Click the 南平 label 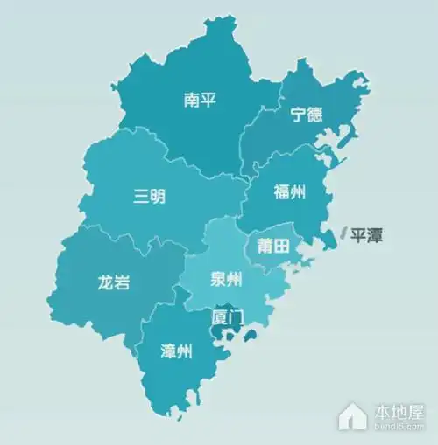(200, 101)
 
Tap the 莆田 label (272, 247)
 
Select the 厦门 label (226, 316)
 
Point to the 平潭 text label (366, 235)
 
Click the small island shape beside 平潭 (343, 233)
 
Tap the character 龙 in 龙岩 (104, 283)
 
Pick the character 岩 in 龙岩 (122, 283)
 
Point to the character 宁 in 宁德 (299, 115)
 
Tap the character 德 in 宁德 (315, 115)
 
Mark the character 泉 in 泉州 (218, 281)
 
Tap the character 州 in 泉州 (235, 281)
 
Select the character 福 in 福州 (281, 193)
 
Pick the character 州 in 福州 (298, 193)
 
